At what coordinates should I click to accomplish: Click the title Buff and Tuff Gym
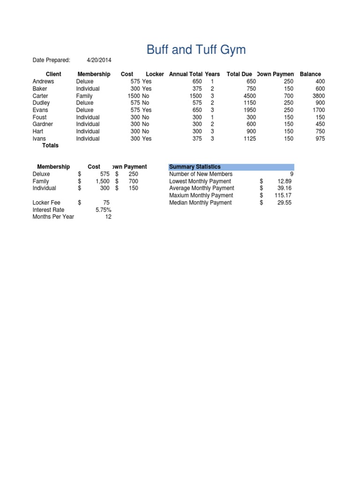pos(196,50)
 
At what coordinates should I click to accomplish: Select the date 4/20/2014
pos(99,60)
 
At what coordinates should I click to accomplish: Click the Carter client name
pos(40,96)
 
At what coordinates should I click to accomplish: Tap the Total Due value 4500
pos(249,96)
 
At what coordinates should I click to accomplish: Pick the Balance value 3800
pos(318,96)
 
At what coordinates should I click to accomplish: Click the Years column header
pos(212,74)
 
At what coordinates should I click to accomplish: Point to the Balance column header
pos(310,74)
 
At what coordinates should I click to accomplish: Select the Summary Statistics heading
pos(195,167)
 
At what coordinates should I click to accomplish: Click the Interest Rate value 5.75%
pos(103,210)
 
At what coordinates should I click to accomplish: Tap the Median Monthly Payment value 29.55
pos(285,202)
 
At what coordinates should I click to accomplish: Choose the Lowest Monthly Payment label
pos(200,181)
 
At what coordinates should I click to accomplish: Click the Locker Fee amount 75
pos(106,202)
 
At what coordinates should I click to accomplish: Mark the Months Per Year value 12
pos(108,217)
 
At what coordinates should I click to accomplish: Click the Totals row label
pos(50,146)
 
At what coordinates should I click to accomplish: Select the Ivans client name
pos(39,139)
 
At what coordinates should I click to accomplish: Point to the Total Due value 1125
pos(249,139)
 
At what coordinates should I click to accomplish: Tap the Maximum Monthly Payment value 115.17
pos(283,195)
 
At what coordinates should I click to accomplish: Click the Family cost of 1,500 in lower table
pos(102,181)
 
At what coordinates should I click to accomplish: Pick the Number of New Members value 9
pos(292,174)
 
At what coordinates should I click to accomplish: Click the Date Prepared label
pos(51,60)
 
